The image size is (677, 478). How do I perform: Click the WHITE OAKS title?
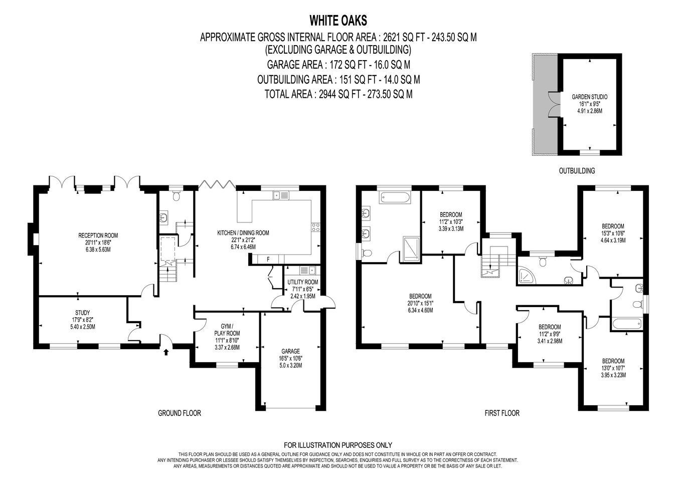[x=338, y=21]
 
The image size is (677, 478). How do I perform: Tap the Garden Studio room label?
[x=589, y=104]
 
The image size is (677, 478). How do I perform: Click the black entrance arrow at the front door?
[x=165, y=352]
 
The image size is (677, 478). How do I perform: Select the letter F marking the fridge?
[x=268, y=259]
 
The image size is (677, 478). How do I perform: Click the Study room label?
[x=83, y=320]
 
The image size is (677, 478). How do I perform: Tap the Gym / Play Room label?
[x=227, y=337]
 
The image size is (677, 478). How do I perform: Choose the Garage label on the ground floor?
[x=290, y=358]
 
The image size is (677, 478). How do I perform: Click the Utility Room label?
[x=302, y=289]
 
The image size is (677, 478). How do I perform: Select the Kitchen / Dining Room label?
[x=243, y=240]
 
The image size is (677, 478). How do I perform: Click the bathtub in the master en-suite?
[x=395, y=198]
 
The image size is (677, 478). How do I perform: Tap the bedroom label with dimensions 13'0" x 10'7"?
[x=613, y=368]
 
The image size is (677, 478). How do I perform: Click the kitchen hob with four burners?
[x=316, y=227]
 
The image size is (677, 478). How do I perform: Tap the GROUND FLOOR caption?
[x=180, y=413]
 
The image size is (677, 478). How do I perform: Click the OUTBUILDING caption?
[x=577, y=171]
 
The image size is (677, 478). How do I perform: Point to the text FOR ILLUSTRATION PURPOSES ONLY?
[x=338, y=445]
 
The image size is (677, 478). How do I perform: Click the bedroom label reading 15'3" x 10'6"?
[x=613, y=233]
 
